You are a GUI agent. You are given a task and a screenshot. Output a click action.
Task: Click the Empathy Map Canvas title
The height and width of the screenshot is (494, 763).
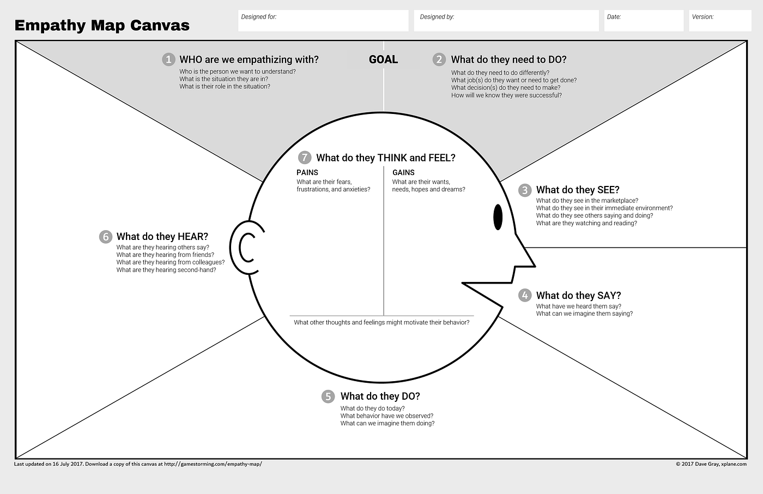pyautogui.click(x=102, y=26)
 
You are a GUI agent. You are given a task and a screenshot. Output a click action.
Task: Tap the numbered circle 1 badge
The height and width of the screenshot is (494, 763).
pyautogui.click(x=168, y=59)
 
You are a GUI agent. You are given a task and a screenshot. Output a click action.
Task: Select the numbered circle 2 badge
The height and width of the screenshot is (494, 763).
pyautogui.click(x=439, y=59)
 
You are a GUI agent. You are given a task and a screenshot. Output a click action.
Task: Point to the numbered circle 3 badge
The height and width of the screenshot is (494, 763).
pyautogui.click(x=525, y=190)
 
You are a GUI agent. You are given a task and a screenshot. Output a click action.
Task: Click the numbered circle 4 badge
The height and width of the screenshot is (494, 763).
pyautogui.click(x=525, y=296)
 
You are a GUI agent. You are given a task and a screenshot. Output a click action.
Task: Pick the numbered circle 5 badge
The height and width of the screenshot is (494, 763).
pyautogui.click(x=328, y=396)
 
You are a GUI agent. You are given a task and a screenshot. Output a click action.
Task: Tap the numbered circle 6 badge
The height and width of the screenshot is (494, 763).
pyautogui.click(x=106, y=237)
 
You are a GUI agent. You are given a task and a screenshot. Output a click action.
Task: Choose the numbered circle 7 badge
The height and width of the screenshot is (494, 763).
pyautogui.click(x=305, y=158)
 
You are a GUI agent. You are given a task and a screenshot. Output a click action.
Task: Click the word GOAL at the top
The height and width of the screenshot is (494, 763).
pyautogui.click(x=383, y=59)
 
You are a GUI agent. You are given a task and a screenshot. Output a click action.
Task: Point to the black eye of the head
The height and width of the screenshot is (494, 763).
pyautogui.click(x=498, y=217)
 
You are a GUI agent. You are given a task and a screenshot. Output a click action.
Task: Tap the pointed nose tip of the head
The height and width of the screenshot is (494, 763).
pyautogui.click(x=534, y=266)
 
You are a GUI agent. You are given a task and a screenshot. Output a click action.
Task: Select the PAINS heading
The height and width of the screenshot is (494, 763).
pyautogui.click(x=307, y=172)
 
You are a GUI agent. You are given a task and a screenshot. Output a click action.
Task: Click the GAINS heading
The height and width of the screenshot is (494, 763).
pyautogui.click(x=403, y=172)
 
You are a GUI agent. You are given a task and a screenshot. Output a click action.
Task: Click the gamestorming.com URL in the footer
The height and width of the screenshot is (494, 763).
pyautogui.click(x=213, y=465)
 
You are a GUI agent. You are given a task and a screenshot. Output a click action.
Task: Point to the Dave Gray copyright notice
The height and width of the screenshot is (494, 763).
pyautogui.click(x=711, y=465)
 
